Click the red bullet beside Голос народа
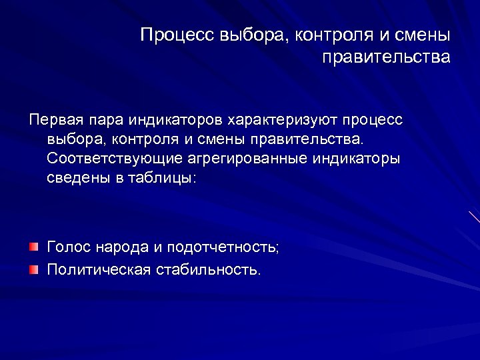point(33,247)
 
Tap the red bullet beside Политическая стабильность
point(33,269)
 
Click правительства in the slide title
point(386,57)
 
